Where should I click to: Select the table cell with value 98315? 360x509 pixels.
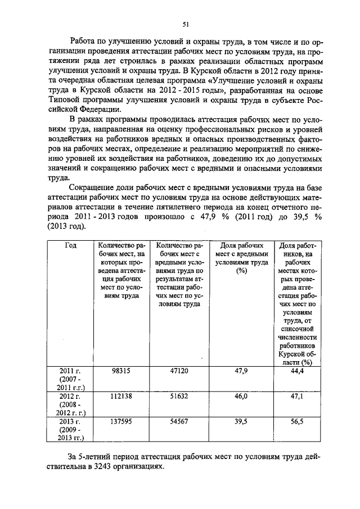coord(121,371)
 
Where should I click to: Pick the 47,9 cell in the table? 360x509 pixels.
coord(241,371)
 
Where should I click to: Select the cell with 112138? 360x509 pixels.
coord(121,397)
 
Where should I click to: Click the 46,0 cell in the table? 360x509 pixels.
coord(241,397)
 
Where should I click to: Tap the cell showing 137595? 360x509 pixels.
coord(121,421)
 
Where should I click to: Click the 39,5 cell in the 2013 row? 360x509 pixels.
coord(241,421)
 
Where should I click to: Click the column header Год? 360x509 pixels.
coord(71,246)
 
